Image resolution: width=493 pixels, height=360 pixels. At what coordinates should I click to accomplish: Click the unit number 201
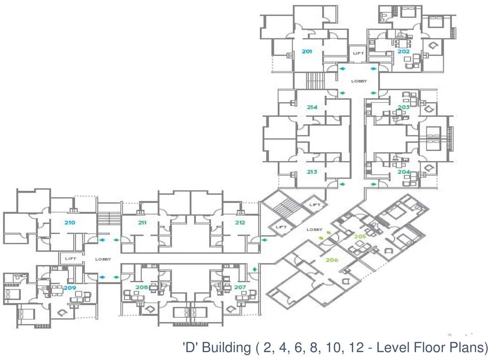(307, 52)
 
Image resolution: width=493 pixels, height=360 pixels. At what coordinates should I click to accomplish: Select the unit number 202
(403, 52)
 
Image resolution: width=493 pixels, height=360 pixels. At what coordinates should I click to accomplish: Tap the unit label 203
(403, 107)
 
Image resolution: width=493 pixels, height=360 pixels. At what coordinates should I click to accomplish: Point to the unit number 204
(403, 172)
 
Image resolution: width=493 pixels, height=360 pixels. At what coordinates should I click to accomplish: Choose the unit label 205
(360, 237)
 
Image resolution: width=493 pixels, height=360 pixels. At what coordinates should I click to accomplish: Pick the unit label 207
(240, 287)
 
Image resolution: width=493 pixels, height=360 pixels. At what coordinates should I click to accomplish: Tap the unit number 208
(142, 287)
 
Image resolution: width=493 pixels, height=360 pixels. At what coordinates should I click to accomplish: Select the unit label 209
(70, 287)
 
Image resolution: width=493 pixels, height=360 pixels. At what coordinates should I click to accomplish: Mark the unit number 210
(70, 223)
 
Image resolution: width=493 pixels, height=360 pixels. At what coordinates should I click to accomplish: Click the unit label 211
(142, 223)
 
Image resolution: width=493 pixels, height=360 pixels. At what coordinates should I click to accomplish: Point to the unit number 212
(240, 223)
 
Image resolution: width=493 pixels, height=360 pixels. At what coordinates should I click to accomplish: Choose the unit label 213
(312, 172)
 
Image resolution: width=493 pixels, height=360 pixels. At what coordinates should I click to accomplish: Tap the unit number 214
(312, 107)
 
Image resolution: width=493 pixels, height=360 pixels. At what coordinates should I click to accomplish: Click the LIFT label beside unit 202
(358, 53)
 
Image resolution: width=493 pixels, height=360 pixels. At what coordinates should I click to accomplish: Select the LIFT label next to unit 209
(70, 259)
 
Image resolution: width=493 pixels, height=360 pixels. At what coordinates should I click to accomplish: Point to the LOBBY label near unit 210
(102, 259)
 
